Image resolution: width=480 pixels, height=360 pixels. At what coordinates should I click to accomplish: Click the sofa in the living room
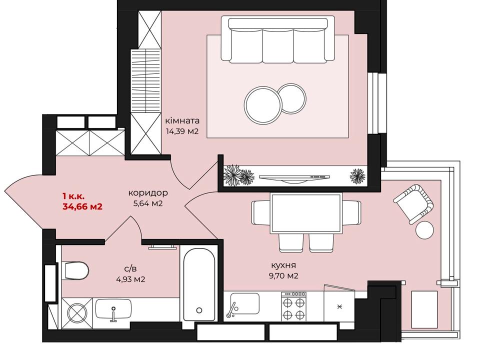(x=278, y=40)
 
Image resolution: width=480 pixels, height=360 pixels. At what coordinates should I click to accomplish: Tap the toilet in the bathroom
(x=75, y=270)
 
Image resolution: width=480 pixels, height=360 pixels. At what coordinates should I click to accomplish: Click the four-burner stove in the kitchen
(x=293, y=306)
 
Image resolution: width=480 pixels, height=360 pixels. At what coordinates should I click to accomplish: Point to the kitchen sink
(x=244, y=304)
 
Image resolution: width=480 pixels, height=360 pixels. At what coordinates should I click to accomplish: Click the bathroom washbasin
(x=113, y=309)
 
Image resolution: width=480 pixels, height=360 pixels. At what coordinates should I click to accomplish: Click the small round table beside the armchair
(x=425, y=229)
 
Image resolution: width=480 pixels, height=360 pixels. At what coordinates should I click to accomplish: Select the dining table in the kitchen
(x=305, y=213)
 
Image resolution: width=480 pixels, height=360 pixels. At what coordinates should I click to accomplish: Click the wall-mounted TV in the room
(x=294, y=177)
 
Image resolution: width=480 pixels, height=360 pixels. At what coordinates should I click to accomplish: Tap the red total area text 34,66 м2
(x=82, y=206)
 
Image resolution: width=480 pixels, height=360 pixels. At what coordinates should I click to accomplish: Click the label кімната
(x=182, y=120)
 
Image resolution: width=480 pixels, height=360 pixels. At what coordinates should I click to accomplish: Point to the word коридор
(x=148, y=193)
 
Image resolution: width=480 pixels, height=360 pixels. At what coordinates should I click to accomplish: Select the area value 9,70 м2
(x=283, y=275)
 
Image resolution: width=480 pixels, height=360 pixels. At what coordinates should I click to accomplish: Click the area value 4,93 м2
(x=130, y=279)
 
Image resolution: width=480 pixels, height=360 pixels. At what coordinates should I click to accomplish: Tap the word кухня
(x=283, y=265)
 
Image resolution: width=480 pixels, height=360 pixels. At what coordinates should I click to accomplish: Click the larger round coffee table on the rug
(x=262, y=104)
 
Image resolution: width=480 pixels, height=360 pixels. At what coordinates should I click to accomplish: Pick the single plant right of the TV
(x=357, y=176)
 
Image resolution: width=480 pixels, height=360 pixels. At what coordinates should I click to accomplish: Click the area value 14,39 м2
(x=182, y=131)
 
